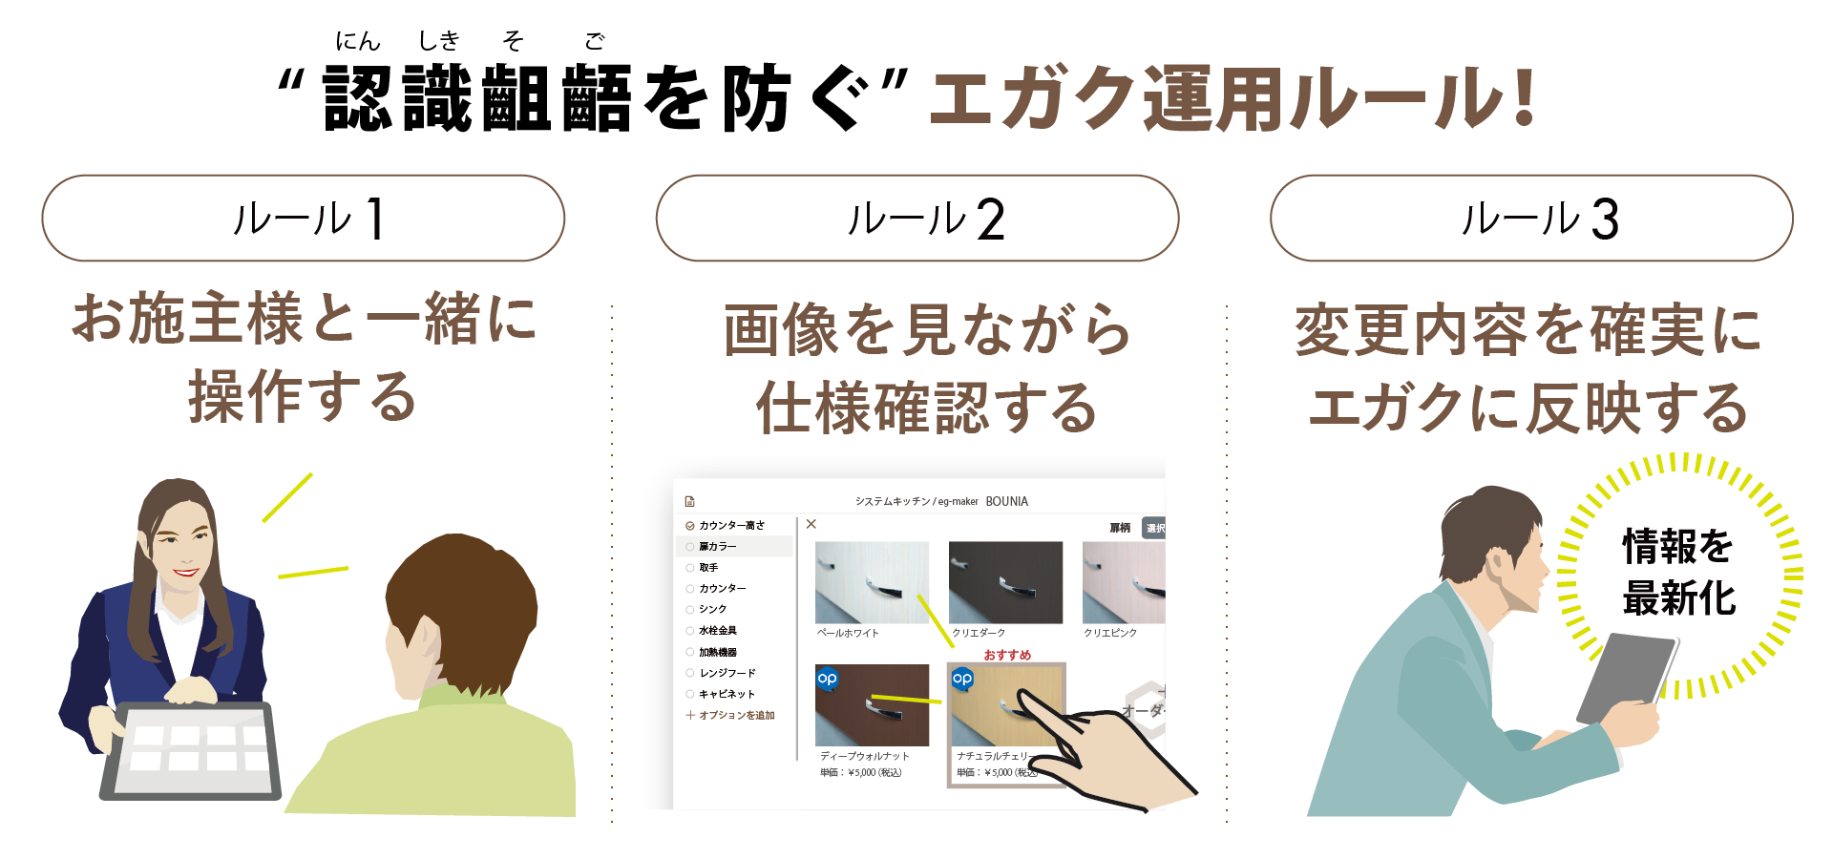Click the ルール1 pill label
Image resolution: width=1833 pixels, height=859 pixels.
click(x=304, y=219)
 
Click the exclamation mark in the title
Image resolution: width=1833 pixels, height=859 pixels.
click(x=1524, y=97)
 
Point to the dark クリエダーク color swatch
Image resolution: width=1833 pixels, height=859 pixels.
click(x=1005, y=582)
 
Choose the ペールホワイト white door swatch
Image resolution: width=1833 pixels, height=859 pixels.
click(x=872, y=582)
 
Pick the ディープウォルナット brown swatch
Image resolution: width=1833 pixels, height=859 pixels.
click(x=872, y=705)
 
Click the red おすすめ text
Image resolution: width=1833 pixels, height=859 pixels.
click(x=1007, y=655)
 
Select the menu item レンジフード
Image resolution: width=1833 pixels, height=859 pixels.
click(x=727, y=673)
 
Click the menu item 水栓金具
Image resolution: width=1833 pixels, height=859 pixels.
click(x=718, y=630)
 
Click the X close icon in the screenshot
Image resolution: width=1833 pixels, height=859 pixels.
click(x=811, y=524)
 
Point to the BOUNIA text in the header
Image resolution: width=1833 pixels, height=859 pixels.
click(x=1006, y=501)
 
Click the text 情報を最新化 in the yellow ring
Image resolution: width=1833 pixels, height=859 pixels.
click(x=1678, y=572)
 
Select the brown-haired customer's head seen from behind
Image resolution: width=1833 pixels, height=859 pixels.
click(x=458, y=601)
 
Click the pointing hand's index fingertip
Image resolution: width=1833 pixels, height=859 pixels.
click(x=1021, y=694)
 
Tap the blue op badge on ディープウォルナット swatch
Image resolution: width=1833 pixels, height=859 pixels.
click(x=828, y=679)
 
